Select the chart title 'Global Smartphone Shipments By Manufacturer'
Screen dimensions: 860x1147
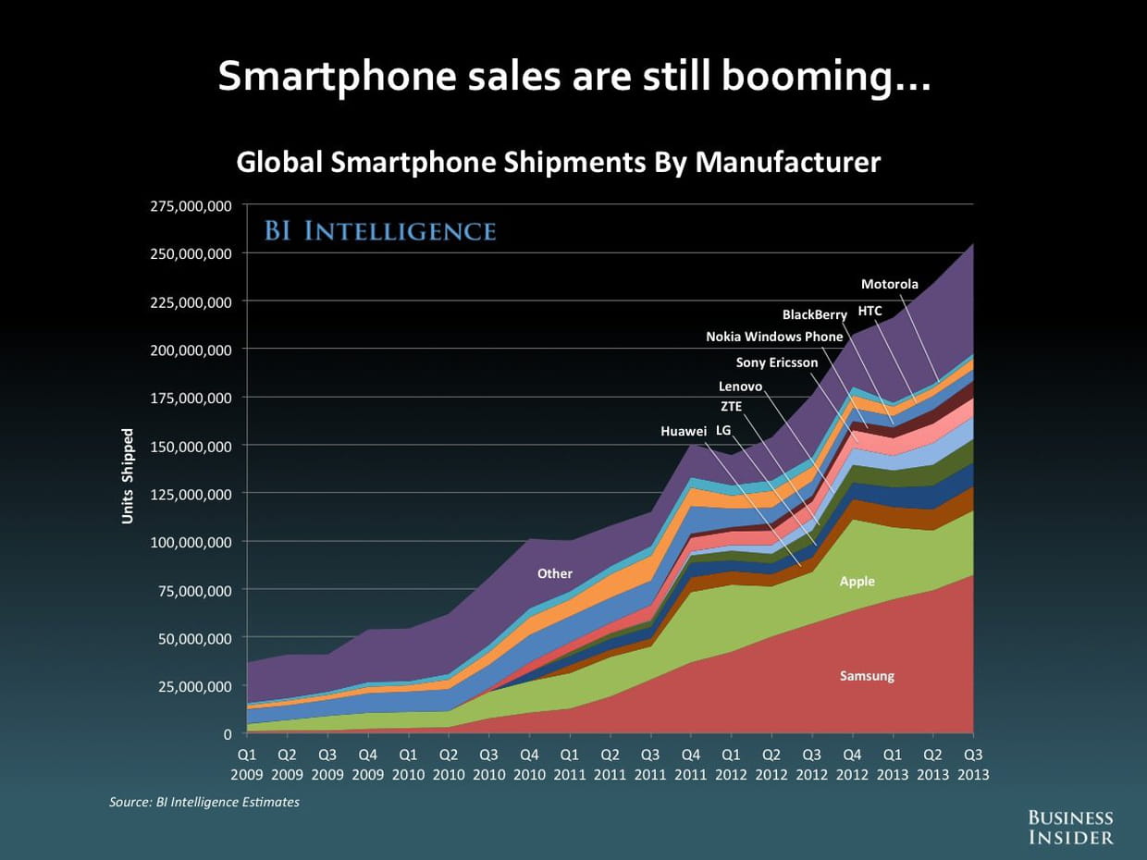559,163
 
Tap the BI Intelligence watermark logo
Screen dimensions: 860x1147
380,230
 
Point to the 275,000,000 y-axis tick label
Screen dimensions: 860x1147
191,205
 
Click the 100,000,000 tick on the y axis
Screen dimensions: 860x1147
191,542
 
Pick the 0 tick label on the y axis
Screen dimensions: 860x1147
227,734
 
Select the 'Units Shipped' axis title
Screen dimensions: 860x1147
128,475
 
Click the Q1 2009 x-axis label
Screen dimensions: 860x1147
247,764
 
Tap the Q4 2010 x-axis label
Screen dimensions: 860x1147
529,764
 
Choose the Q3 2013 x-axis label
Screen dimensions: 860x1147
972,764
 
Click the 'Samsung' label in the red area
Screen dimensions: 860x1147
867,676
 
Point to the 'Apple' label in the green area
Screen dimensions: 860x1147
857,582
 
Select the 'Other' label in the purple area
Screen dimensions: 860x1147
555,573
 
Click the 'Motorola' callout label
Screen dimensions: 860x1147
890,284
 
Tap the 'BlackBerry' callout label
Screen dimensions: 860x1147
814,315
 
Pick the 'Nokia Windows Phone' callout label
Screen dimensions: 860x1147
774,337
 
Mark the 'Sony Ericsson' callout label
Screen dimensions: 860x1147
777,362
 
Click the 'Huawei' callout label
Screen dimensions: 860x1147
684,432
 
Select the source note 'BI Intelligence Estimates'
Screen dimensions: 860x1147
204,802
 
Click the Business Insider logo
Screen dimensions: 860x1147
1072,827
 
